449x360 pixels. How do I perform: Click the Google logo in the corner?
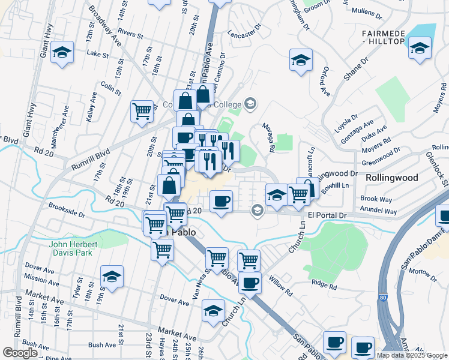click(x=20, y=353)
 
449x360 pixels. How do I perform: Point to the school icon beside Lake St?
click(x=62, y=53)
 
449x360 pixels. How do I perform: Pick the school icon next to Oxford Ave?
click(x=301, y=60)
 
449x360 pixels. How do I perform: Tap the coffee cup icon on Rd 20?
click(x=221, y=200)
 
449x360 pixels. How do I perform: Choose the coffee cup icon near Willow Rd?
click(x=250, y=282)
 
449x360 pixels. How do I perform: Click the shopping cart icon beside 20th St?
click(x=142, y=110)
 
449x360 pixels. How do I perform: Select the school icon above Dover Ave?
click(x=112, y=276)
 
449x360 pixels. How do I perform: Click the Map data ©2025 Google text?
click(x=411, y=355)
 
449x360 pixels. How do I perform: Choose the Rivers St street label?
click(x=134, y=32)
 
